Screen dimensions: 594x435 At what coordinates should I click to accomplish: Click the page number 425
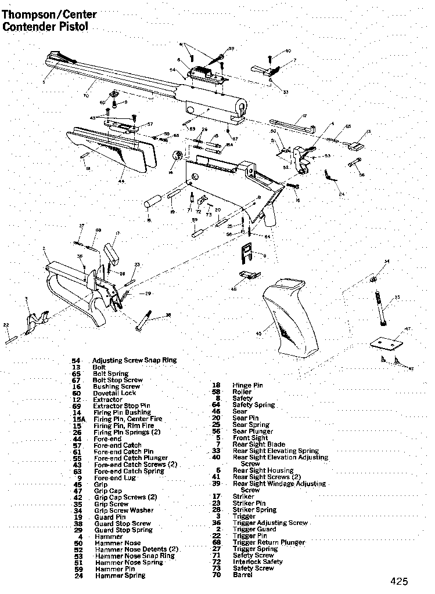(400, 581)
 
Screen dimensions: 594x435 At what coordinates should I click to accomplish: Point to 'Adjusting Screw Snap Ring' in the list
(134, 360)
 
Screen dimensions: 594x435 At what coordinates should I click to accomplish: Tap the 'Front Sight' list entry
(250, 438)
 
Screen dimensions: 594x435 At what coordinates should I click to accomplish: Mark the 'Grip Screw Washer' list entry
(124, 510)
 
